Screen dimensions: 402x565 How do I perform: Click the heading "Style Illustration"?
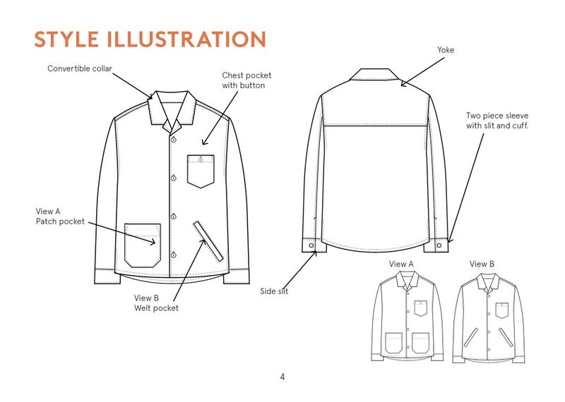(150, 39)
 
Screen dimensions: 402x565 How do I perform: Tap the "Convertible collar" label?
(80, 68)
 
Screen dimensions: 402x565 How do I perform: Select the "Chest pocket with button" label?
(246, 80)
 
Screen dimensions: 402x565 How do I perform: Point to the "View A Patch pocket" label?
(60, 216)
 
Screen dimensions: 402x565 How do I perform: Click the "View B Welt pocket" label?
(156, 303)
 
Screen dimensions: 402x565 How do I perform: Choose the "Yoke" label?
(446, 50)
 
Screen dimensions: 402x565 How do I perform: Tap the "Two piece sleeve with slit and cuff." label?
(497, 121)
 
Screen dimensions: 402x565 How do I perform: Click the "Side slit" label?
(274, 291)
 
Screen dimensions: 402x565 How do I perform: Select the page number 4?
(282, 377)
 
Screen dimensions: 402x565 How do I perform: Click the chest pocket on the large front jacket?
(201, 171)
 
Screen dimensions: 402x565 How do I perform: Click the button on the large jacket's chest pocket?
(201, 159)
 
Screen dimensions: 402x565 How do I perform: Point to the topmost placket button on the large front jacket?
(172, 140)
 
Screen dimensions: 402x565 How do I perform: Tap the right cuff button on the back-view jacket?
(440, 245)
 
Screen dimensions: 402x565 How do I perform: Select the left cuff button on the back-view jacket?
(311, 245)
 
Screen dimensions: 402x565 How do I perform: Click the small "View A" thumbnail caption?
(401, 264)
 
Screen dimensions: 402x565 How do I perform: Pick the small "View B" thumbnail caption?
(482, 264)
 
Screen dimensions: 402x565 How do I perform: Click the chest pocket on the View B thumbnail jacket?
(502, 310)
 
